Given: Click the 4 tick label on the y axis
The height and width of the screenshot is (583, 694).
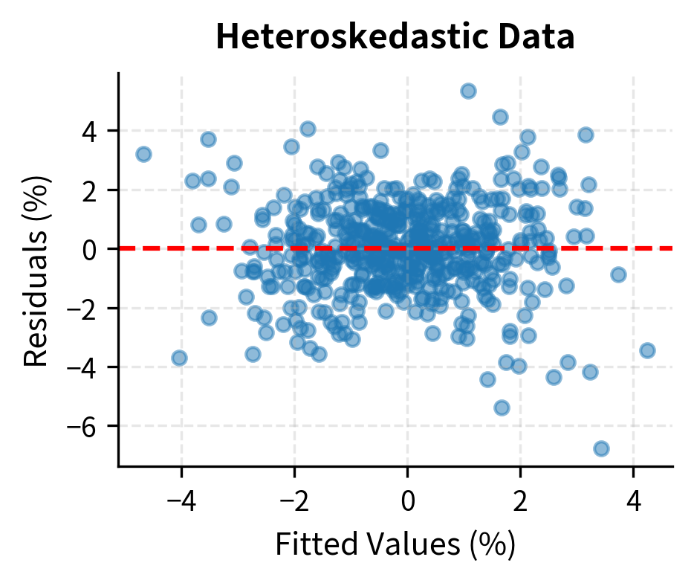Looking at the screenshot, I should tap(97, 131).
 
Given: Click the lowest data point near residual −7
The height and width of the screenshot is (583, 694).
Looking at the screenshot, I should tap(601, 448).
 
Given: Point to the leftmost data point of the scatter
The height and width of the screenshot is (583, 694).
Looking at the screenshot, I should tap(143, 154).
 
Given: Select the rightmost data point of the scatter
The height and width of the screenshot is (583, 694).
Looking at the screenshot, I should tap(647, 350).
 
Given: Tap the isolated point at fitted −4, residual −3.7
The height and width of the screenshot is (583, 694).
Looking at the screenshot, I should tap(179, 358).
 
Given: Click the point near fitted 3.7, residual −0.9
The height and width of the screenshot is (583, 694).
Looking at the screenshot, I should tap(618, 274).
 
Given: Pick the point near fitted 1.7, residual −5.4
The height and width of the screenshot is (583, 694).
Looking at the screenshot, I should tap(502, 408).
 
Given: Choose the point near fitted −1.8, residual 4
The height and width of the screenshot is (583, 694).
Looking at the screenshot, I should tap(308, 129).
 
